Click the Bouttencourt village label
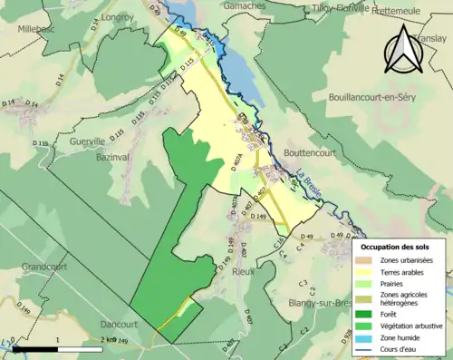309,153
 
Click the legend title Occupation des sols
395,247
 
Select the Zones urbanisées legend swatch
367,261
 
